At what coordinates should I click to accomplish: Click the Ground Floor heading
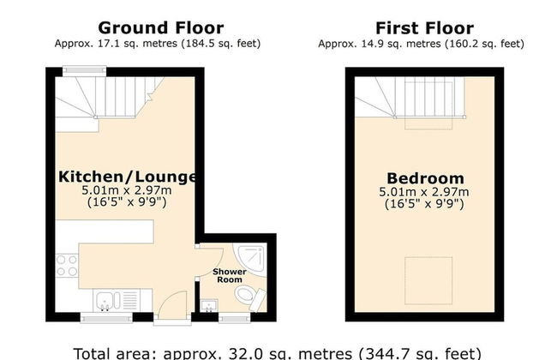[x=161, y=27]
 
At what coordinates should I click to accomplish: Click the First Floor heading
[x=424, y=28]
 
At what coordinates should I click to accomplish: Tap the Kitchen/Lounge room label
[x=127, y=177]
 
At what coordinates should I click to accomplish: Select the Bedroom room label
[x=425, y=178]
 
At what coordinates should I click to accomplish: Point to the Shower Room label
[x=230, y=276]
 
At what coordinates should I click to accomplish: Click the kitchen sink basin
[x=104, y=301]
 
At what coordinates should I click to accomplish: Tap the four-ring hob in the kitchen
[x=67, y=266]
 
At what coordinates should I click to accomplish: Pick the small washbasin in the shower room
[x=209, y=306]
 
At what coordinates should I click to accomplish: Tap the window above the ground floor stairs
[x=85, y=71]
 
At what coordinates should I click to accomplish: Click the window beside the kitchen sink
[x=106, y=318]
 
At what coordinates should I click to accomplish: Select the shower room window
[x=235, y=318]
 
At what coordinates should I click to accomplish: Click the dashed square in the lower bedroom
[x=428, y=281]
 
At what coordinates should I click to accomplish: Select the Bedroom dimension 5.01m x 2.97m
[x=424, y=192]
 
